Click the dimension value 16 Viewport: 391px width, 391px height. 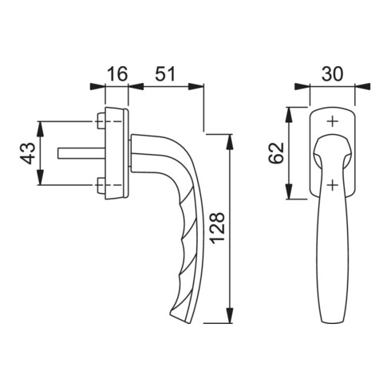[x=117, y=73]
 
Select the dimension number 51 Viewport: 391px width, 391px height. [x=164, y=73]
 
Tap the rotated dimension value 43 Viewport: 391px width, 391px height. [x=26, y=154]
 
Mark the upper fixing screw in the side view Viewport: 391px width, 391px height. [x=101, y=121]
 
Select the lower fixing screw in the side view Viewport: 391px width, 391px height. [x=101, y=188]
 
